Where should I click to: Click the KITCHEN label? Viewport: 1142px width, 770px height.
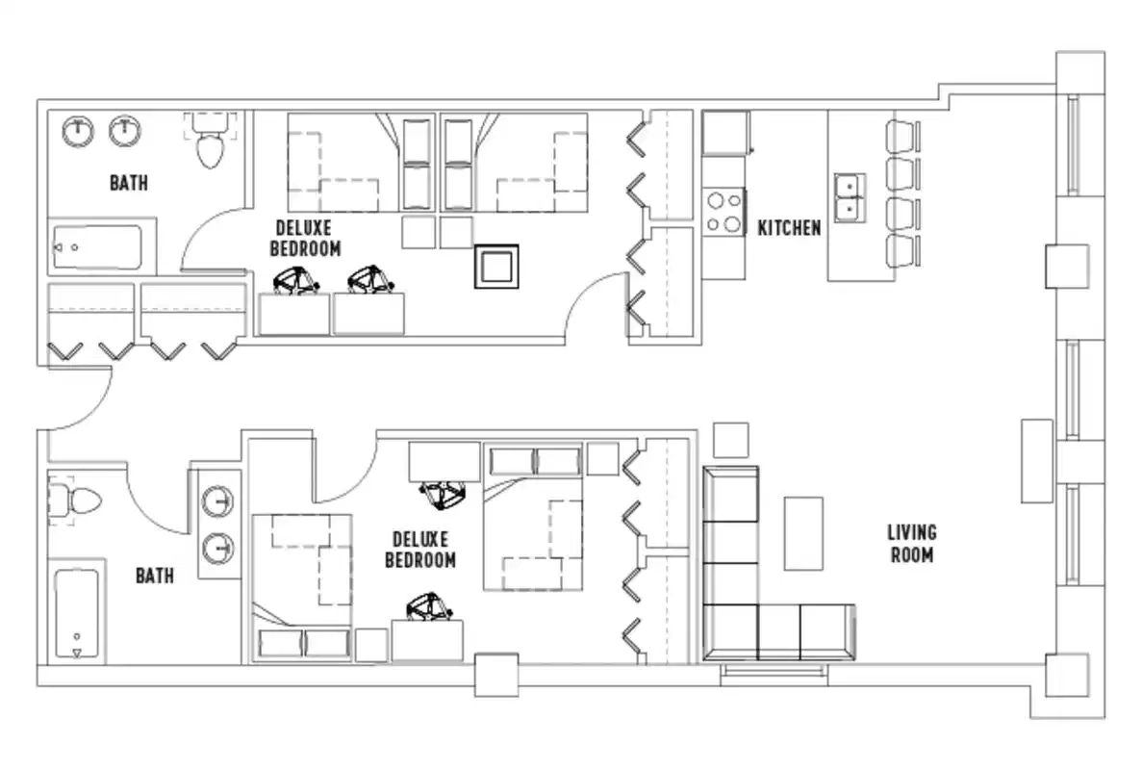(789, 228)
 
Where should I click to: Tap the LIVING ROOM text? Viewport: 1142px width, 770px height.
(911, 543)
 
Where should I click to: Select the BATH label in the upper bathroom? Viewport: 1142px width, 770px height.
(128, 182)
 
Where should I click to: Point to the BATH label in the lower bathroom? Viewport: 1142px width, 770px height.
(154, 576)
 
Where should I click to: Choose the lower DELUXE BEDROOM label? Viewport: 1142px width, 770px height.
(420, 549)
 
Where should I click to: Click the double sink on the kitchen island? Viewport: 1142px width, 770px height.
(850, 196)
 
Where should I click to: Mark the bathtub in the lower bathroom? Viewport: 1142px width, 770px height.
(77, 614)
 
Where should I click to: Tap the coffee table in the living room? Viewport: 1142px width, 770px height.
(803, 533)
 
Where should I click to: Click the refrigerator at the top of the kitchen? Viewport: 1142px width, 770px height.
(725, 133)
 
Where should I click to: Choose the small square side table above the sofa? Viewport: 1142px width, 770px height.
(731, 440)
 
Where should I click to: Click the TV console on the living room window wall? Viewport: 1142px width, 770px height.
(1036, 460)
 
